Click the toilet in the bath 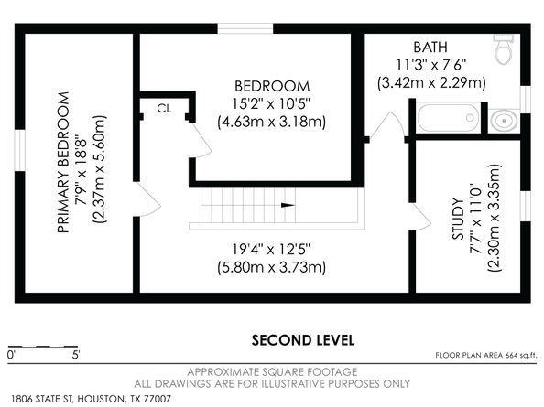(x=504, y=49)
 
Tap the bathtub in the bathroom (x=448, y=118)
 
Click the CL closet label (x=164, y=109)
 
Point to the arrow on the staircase (x=288, y=205)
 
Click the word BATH (x=430, y=48)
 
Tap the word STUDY (x=458, y=219)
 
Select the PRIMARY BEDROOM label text (x=63, y=162)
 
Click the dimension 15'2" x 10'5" (x=271, y=103)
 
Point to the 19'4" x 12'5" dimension (x=271, y=249)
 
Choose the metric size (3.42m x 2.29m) (x=431, y=83)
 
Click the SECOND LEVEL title (x=303, y=340)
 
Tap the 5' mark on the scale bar (x=76, y=355)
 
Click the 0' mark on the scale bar (x=12, y=355)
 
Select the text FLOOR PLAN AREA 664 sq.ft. (x=486, y=356)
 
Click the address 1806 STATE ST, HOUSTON (x=67, y=399)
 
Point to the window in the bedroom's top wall (x=245, y=28)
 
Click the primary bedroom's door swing (x=147, y=199)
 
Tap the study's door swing (x=420, y=217)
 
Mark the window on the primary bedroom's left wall (x=20, y=150)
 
